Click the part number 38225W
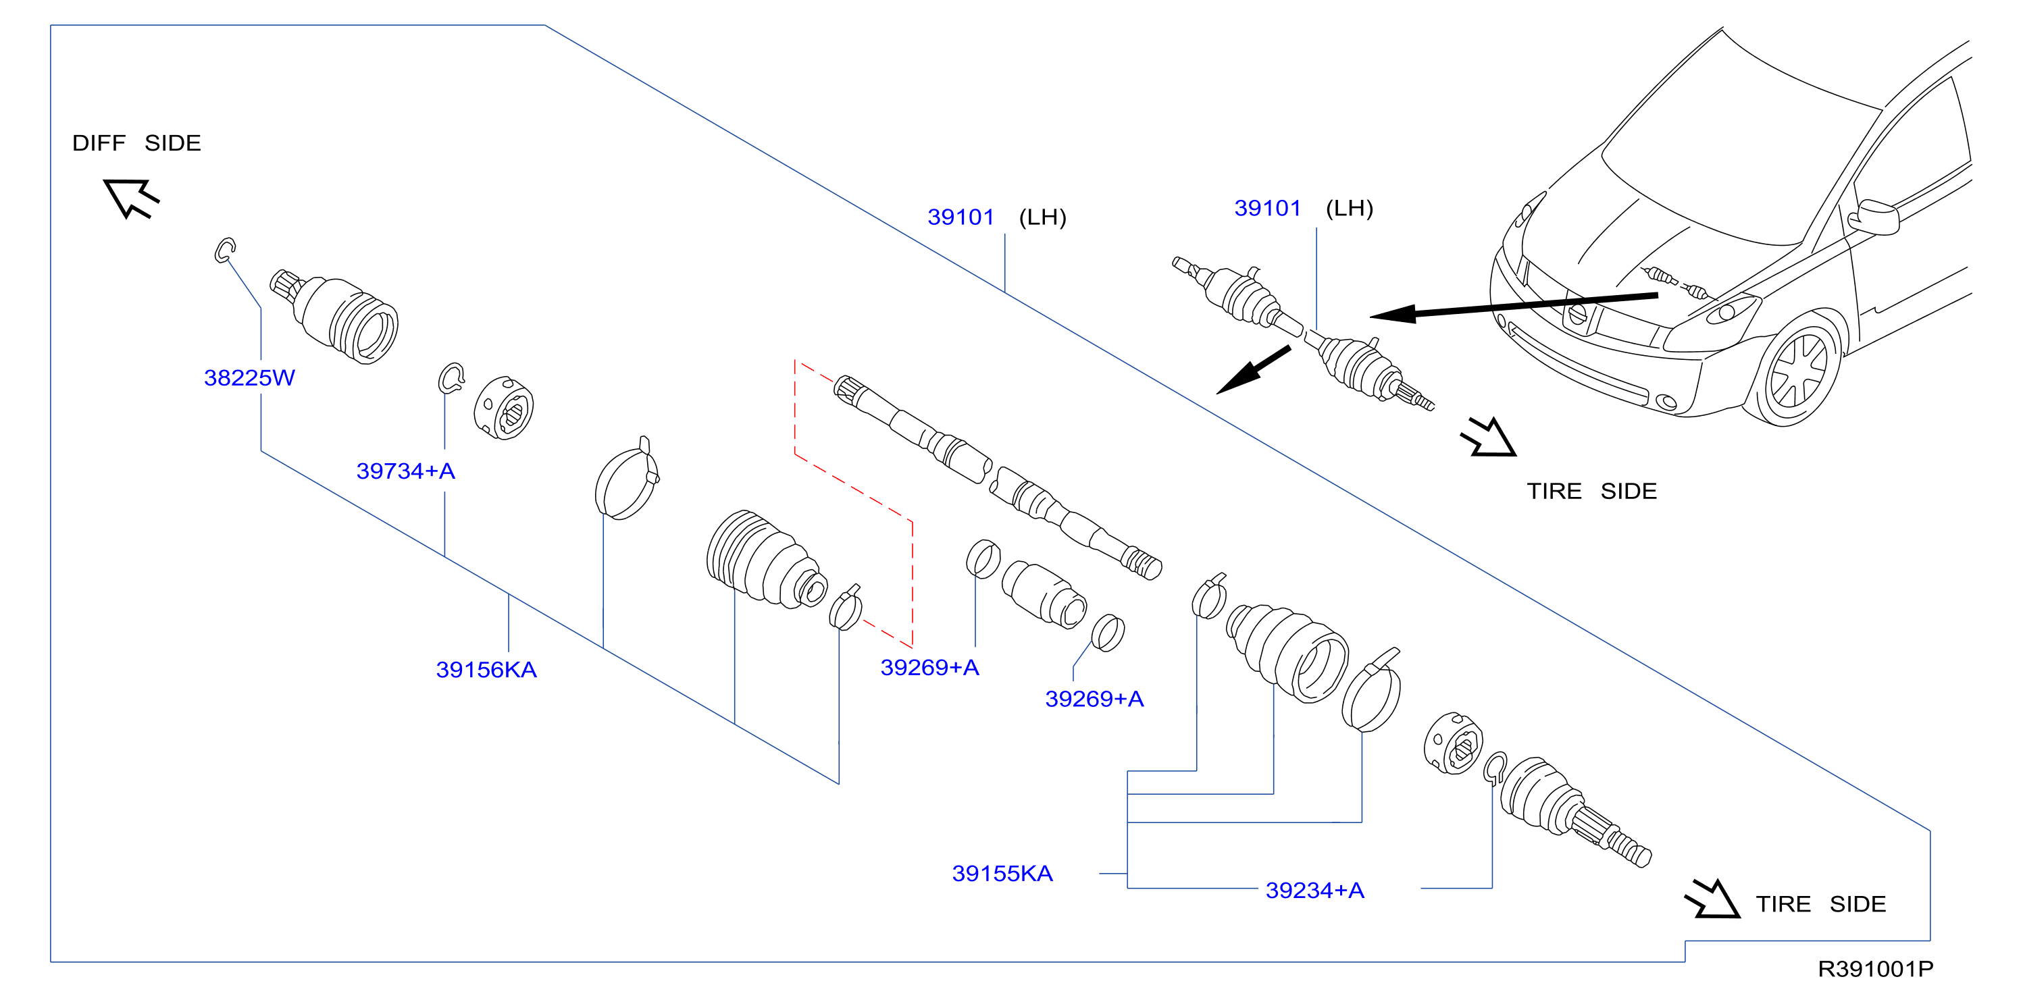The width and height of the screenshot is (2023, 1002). coord(249,377)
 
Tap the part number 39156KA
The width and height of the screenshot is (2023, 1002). coord(486,670)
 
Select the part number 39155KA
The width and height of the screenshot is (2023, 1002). coord(1002,873)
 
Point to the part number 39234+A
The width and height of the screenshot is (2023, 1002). coord(1314,891)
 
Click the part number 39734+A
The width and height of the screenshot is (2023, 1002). coord(405,471)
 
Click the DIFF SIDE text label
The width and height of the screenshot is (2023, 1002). coord(136,143)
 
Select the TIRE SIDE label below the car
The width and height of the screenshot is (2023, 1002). coord(1591,492)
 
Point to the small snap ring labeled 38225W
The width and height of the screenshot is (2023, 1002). coord(226,250)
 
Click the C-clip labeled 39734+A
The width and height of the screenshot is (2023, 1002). coord(451,379)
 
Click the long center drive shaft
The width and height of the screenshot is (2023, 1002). coord(998,477)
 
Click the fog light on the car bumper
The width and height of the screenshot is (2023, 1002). coord(1665,404)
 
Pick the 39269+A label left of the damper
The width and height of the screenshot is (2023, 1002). coord(930,668)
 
